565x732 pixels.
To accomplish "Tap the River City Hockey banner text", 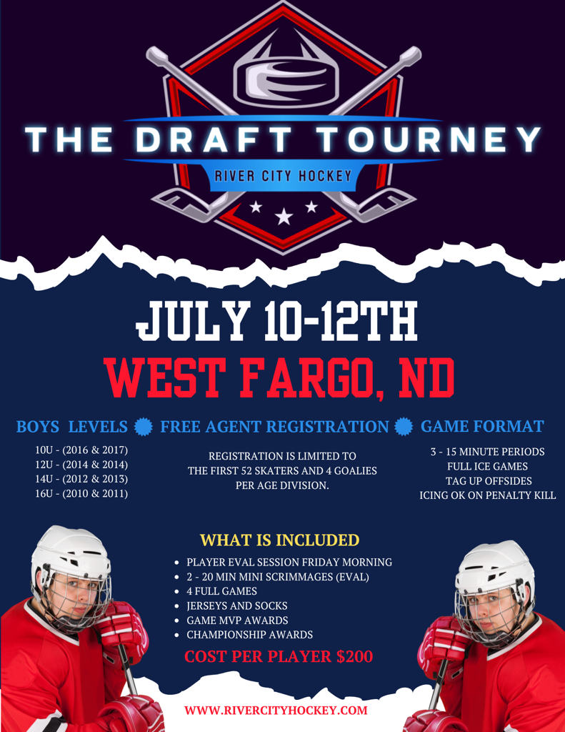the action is tap(283, 176).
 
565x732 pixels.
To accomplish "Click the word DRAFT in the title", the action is tap(214, 139).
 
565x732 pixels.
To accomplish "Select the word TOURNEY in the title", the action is tap(429, 139).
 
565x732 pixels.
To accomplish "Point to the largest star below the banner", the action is tap(284, 216).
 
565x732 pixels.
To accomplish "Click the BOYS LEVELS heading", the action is tap(72, 427).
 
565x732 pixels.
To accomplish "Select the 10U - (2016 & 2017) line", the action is tap(81, 450).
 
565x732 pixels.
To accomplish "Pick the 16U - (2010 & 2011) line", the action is tap(81, 493).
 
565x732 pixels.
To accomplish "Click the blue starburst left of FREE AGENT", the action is tap(144, 427).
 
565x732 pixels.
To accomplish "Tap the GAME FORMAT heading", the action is tap(482, 426).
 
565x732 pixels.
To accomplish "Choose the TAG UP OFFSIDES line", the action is tap(489, 481).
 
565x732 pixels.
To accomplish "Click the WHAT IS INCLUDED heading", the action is tap(279, 540).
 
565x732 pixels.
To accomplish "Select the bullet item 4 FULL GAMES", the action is tap(221, 591).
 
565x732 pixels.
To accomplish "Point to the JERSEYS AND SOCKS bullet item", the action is tap(237, 606).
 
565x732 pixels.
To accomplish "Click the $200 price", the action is tap(354, 656).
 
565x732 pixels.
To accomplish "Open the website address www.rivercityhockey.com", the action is tap(276, 711).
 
